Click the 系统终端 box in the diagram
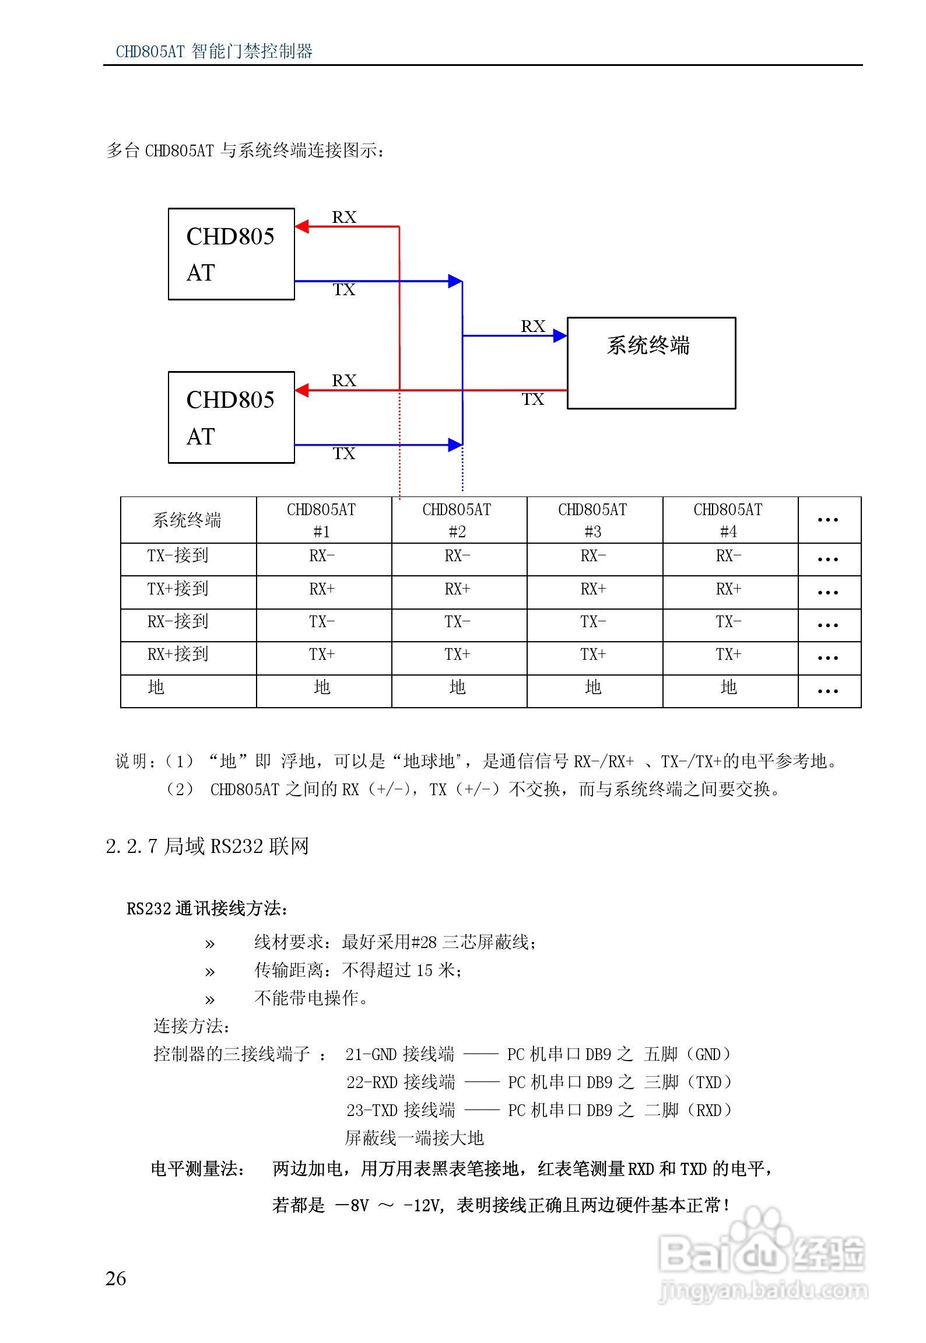tap(651, 363)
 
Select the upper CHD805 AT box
tap(231, 254)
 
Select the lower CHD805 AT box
tap(231, 417)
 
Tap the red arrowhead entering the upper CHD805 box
tap(302, 226)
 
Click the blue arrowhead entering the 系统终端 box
tap(560, 335)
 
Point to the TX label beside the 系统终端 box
tap(532, 400)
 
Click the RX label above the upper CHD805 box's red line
tap(344, 217)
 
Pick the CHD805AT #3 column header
tap(592, 520)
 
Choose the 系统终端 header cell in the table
tap(187, 520)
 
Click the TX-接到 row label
tap(178, 555)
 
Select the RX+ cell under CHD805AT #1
tap(322, 589)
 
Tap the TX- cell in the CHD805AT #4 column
tap(728, 622)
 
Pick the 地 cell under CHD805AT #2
tap(458, 687)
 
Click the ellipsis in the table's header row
tap(827, 519)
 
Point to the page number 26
tap(115, 1278)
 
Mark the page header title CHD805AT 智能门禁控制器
tap(214, 51)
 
